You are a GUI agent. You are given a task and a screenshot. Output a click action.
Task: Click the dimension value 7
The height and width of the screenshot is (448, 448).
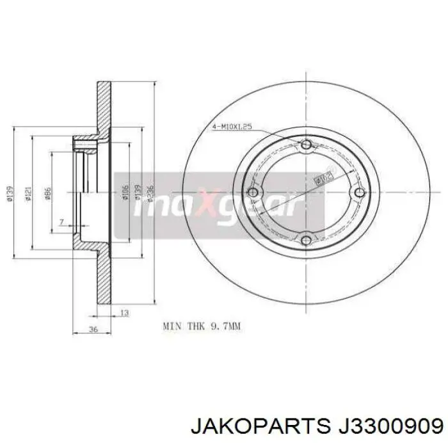click(61, 221)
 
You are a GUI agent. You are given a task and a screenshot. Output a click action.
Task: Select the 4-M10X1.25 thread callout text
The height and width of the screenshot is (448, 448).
click(231, 127)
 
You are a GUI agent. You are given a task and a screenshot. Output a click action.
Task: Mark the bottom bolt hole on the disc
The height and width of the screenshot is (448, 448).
click(306, 240)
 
